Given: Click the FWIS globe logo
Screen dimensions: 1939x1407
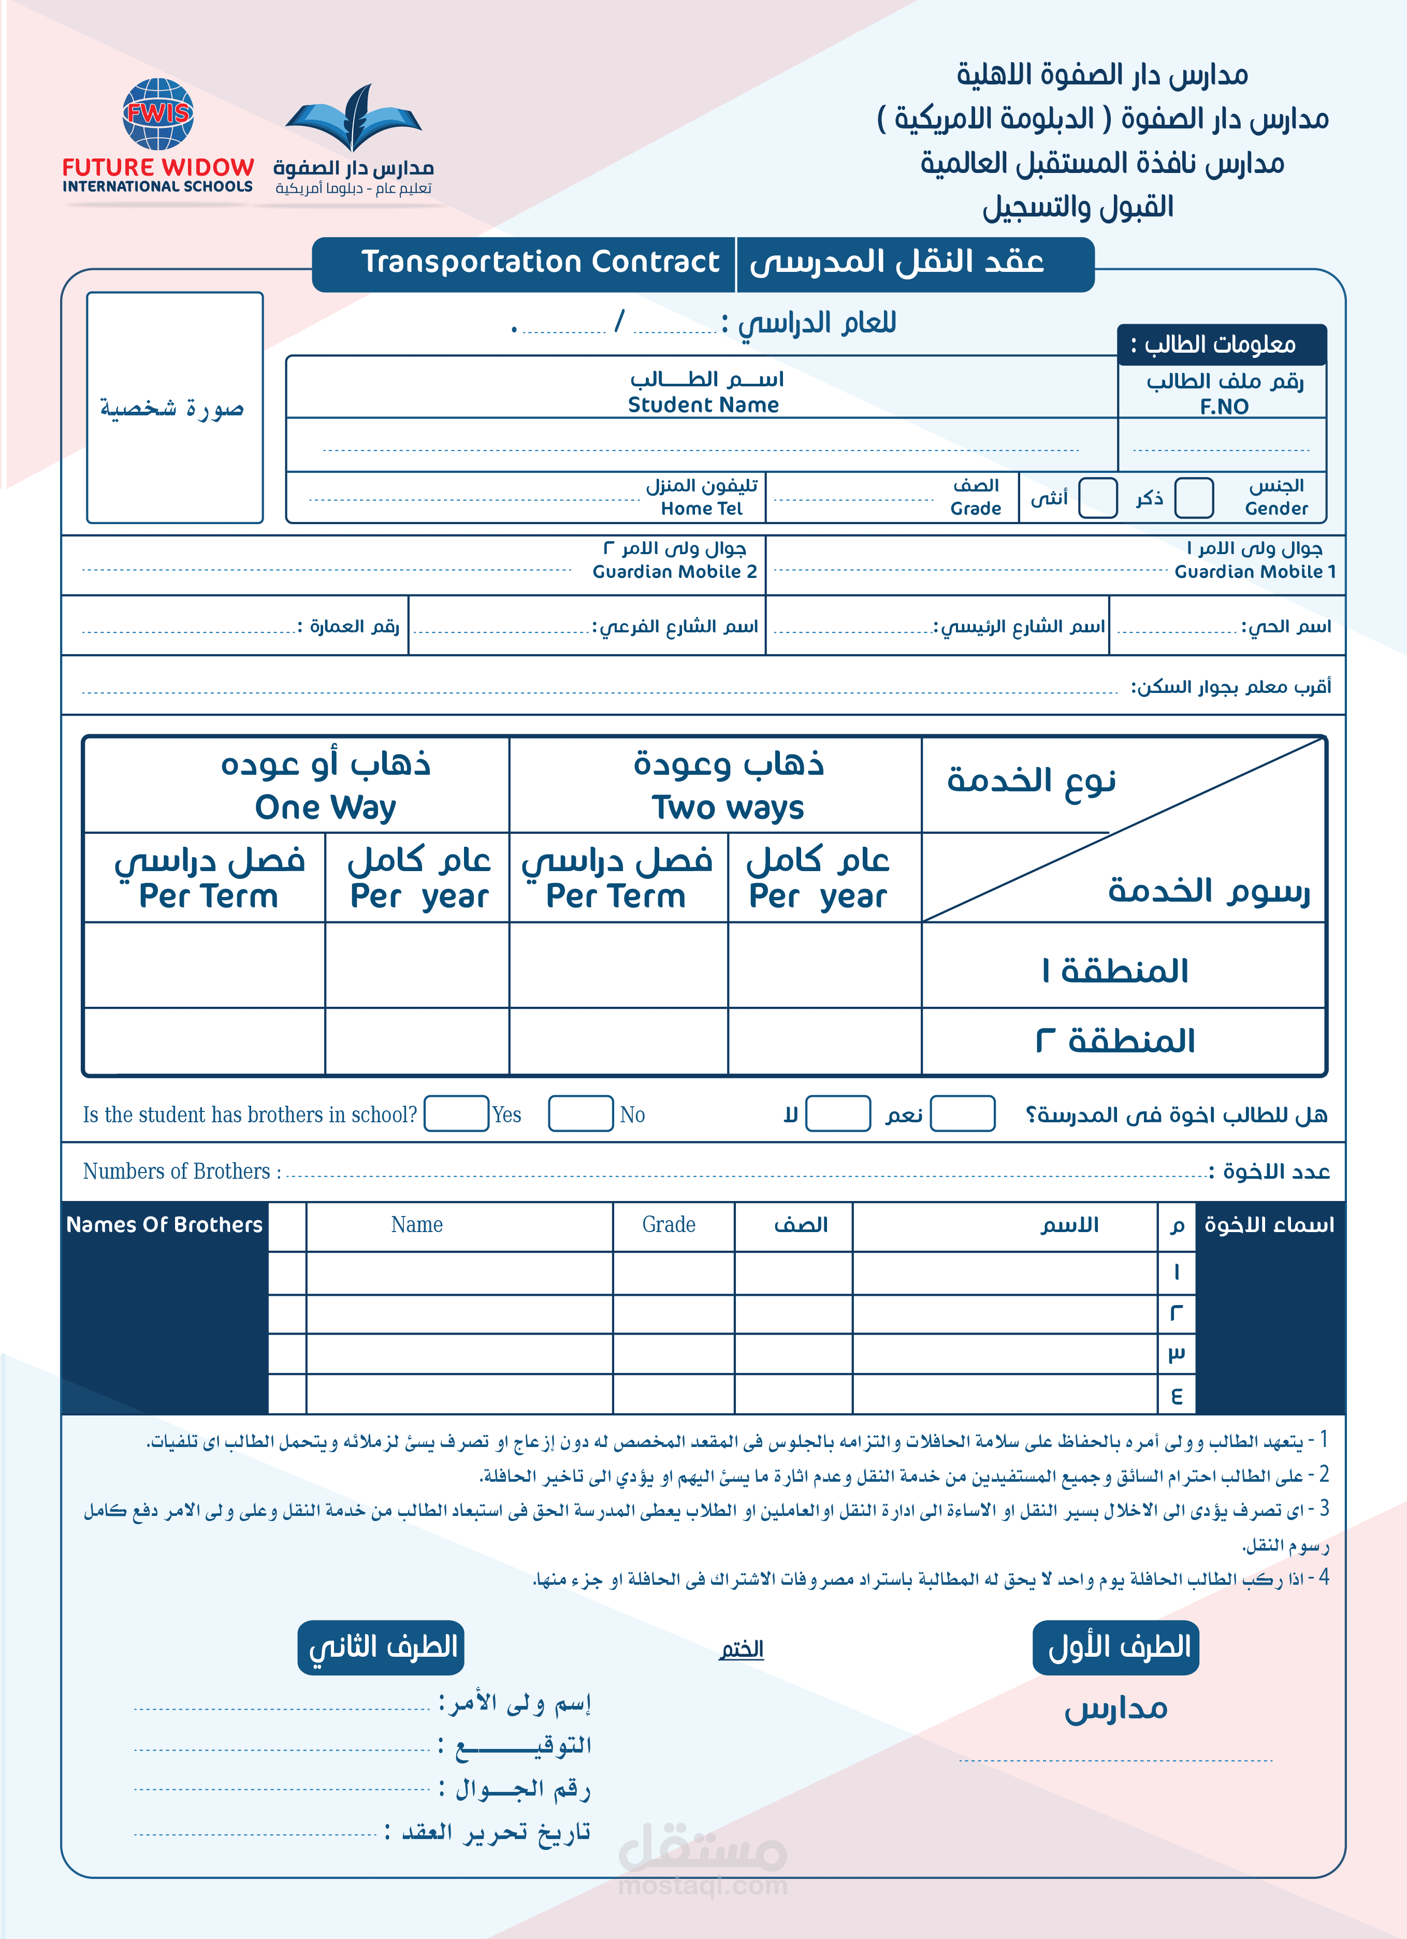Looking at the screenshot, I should [158, 114].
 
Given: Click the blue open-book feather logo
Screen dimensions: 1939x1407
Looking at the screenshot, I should [353, 120].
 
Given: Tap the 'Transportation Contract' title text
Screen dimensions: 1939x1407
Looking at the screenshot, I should [540, 262].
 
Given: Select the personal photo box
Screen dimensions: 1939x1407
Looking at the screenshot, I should [175, 408].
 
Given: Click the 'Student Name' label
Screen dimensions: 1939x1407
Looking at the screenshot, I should [703, 405].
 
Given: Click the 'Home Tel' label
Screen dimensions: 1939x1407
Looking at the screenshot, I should [701, 509].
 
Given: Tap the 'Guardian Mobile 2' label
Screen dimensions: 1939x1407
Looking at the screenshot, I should [674, 572].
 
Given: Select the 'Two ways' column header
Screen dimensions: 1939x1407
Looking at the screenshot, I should [728, 807].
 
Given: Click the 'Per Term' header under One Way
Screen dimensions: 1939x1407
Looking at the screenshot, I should [209, 896].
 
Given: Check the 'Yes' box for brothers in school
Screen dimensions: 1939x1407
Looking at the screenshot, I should [456, 1114].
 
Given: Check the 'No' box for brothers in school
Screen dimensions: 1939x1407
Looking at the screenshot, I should [581, 1114].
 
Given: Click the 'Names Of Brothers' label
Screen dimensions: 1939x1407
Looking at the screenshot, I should [164, 1225].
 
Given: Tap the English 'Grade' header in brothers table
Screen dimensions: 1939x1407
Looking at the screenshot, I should [669, 1225].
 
